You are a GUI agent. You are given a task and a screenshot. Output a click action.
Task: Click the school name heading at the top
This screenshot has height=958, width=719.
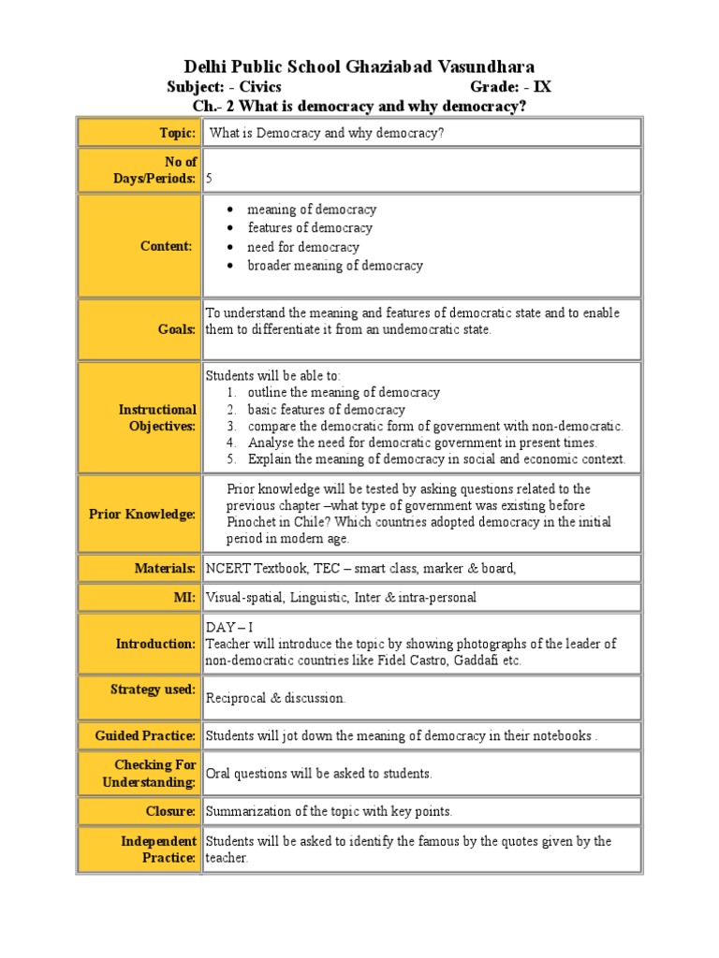point(359,66)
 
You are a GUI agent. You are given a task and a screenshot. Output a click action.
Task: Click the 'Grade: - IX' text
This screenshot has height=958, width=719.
point(510,87)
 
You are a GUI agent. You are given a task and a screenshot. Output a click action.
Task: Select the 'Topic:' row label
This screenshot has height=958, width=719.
point(177,133)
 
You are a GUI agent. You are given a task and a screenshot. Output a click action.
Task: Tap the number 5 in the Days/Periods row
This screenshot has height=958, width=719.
point(209,178)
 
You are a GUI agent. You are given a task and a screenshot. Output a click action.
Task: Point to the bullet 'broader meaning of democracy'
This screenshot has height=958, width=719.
point(334,266)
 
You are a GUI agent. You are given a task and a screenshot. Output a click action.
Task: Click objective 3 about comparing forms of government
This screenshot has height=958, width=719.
point(434,427)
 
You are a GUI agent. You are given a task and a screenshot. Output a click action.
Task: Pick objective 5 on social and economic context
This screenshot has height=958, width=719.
point(436,459)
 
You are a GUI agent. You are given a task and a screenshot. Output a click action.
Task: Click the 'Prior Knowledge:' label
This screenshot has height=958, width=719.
point(142,514)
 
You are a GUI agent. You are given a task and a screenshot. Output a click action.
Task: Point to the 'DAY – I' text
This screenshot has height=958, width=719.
point(229,628)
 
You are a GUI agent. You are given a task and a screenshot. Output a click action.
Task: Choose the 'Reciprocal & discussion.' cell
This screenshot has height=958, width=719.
point(275,698)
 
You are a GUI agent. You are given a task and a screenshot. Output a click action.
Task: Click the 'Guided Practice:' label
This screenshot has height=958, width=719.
point(145,735)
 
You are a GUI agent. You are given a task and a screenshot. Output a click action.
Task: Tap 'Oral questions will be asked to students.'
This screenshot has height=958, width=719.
point(318,774)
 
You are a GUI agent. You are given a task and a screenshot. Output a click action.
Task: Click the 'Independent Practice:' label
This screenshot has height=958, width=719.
point(158,849)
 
